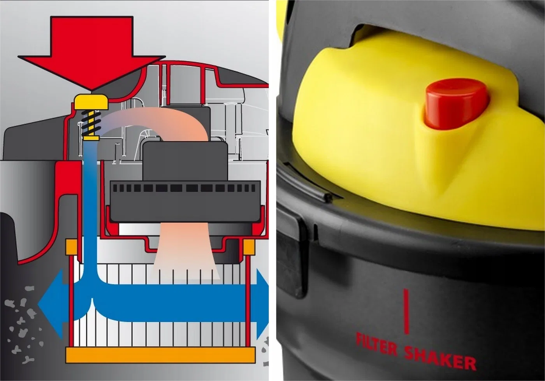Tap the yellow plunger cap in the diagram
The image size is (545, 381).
pyautogui.click(x=91, y=102)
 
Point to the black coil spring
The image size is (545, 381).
pyautogui.click(x=91, y=123)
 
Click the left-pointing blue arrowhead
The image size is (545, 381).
pyautogui.click(x=51, y=305)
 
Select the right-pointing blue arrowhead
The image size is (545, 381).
pyautogui.click(x=262, y=305)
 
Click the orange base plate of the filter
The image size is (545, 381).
pyautogui.click(x=160, y=355)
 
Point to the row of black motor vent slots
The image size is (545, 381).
pyautogui.click(x=184, y=188)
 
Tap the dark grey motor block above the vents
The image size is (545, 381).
pyautogui.click(x=185, y=161)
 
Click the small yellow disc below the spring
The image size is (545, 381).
pyautogui.click(x=91, y=139)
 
